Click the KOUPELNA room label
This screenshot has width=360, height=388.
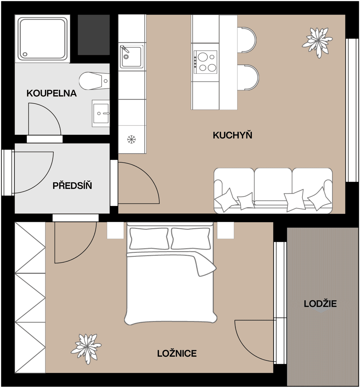(51, 93)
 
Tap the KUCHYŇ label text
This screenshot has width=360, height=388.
(232, 135)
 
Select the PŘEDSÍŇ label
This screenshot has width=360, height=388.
(72, 186)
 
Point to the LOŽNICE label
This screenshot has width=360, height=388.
(177, 353)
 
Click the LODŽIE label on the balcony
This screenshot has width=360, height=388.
(320, 304)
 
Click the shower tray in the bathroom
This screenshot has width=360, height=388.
(42, 39)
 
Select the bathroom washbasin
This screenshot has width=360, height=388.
(101, 113)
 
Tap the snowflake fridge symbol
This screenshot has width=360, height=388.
(131, 140)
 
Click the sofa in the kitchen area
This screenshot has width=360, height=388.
(273, 191)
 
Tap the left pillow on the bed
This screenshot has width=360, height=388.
(149, 239)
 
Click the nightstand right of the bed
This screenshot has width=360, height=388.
(225, 231)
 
